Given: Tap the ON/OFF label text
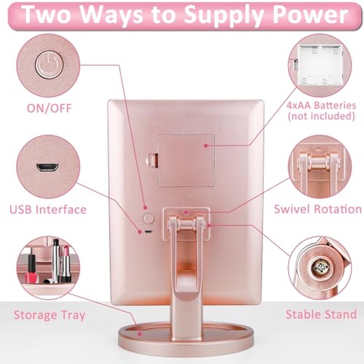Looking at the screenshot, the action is coord(49,108).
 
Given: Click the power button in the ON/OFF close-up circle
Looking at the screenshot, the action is coord(49,65).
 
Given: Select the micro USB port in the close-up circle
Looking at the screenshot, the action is coord(47,167).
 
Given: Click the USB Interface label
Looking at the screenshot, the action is coord(48,209).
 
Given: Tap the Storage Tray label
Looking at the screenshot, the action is coord(50,315).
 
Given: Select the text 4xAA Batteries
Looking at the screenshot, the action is coord(321,106).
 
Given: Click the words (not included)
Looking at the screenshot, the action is coord(321,116).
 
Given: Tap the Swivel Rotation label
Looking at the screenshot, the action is coord(318,209).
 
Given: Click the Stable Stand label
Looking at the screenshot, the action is coord(321,314).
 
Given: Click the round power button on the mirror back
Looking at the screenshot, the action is coord(148,218).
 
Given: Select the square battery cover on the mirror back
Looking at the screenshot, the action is coord(186,161).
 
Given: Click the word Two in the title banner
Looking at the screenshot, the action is coord(46,15).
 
